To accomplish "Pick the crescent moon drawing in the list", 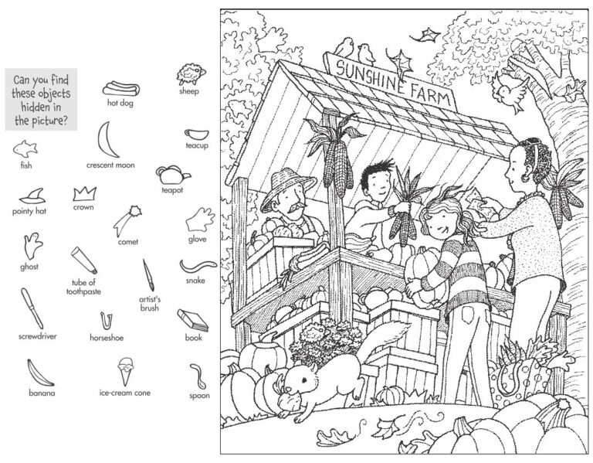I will coord(107,140).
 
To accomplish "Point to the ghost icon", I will coord(32,247).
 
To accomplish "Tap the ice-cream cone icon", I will coord(124,369).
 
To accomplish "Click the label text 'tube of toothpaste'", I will coord(86,287).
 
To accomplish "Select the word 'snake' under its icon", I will coord(195,281).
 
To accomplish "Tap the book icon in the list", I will coord(192,318).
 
